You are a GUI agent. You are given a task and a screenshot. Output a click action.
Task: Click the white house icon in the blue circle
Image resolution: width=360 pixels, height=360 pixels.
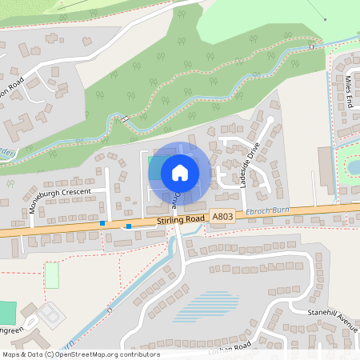tap(179, 172)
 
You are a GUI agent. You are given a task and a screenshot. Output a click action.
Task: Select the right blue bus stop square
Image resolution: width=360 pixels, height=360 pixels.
tap(129, 226)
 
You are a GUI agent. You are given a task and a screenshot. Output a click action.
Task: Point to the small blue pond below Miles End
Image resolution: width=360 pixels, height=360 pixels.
tap(353, 166)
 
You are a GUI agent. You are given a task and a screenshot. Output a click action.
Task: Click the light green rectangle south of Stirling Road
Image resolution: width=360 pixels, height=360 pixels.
tap(52, 275)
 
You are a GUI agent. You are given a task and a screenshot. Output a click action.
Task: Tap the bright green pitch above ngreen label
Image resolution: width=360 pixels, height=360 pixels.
tap(7, 312)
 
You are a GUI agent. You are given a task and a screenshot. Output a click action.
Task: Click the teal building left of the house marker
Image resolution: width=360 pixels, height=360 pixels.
tap(153, 168)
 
